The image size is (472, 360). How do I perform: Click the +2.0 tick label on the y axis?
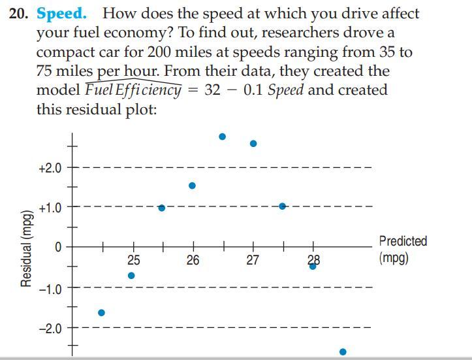point(50,168)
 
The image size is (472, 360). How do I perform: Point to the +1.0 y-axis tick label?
point(50,208)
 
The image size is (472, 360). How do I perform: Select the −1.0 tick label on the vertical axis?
point(50,288)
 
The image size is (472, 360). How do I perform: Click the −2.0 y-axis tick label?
point(50,328)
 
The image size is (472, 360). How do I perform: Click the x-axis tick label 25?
point(133,260)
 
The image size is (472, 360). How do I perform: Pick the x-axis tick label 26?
point(193,260)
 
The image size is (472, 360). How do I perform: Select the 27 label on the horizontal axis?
point(253,260)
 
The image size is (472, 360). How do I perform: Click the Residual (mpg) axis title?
point(27,248)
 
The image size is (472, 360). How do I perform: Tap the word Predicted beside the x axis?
point(403,241)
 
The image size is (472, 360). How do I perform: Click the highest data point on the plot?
point(222,137)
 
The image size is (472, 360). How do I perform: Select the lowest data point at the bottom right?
point(343,352)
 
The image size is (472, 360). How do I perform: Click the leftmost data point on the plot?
point(101,313)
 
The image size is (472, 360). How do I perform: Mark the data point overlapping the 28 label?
point(313,266)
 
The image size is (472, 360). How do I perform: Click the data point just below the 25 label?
point(131,276)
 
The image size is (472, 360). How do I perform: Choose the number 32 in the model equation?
point(213,90)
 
